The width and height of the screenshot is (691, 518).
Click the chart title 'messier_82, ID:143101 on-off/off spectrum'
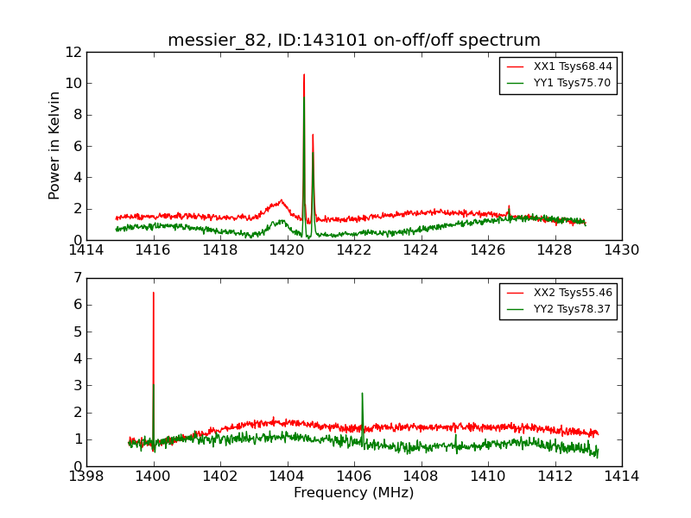coord(354,41)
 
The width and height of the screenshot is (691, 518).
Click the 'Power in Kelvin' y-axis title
coord(55,145)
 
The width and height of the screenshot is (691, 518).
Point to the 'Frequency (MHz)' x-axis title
coord(354,493)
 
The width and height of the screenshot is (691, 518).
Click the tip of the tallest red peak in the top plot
coord(304,74)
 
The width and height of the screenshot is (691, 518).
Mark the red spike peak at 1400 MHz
coord(154,293)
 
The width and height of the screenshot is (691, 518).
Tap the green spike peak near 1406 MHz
coord(362,394)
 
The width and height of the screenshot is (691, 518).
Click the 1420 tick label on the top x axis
coord(287,250)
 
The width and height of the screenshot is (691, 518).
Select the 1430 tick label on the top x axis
coord(621,250)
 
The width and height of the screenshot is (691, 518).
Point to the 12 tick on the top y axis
coord(73,52)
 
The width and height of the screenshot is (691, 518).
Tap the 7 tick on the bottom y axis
coord(77,278)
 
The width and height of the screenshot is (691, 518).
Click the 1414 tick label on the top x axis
coord(86,250)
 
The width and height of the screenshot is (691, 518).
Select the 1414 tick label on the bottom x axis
coord(621,477)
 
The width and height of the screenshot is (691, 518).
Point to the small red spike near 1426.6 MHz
coord(509,206)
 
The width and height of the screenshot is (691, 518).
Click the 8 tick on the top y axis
coord(77,115)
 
